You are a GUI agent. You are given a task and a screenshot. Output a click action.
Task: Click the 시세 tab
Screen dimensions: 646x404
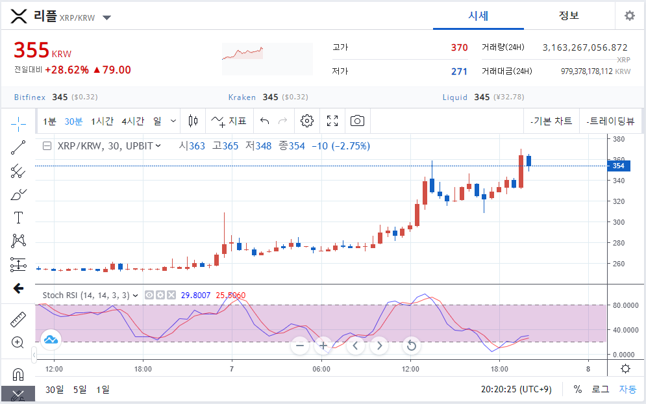[x=478, y=16]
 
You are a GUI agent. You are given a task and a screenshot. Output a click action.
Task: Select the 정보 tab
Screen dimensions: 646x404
[x=569, y=16]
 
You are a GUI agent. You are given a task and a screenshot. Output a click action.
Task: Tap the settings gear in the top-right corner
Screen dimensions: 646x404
[x=630, y=16]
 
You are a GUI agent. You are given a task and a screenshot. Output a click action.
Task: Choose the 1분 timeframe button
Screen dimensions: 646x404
[x=49, y=121]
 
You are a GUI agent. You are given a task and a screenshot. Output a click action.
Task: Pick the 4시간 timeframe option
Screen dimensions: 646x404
[x=132, y=121]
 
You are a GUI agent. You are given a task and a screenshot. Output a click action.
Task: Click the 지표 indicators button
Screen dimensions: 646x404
[x=229, y=121]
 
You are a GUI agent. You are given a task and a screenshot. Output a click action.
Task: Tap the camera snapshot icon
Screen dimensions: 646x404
[x=357, y=121]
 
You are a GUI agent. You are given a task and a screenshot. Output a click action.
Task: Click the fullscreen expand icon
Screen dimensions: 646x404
[x=332, y=121]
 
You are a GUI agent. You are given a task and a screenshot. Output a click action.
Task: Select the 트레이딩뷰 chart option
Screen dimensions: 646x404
[x=610, y=121]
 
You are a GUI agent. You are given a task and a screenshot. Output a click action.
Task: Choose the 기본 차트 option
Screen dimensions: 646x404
[x=551, y=121]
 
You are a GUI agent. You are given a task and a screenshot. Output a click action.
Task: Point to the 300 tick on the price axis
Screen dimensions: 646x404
[x=618, y=222]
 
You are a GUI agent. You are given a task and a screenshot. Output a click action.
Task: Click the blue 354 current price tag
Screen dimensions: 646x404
[x=618, y=166]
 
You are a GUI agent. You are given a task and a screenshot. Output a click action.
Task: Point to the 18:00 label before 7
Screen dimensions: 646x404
[x=143, y=369]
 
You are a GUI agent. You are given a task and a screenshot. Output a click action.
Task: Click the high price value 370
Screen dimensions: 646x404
[x=460, y=48]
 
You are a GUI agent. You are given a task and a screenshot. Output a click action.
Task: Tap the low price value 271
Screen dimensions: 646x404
[x=460, y=71]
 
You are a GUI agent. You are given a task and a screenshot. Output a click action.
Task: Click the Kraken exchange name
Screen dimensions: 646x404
[x=242, y=97]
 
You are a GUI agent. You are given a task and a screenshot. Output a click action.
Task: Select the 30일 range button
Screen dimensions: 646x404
[x=55, y=390]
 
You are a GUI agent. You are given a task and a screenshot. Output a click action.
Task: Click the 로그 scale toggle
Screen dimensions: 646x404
[x=601, y=389]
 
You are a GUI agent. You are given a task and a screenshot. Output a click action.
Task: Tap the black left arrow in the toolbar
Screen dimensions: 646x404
[x=18, y=288]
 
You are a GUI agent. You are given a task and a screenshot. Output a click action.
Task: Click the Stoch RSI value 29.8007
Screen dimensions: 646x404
[x=195, y=295]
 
